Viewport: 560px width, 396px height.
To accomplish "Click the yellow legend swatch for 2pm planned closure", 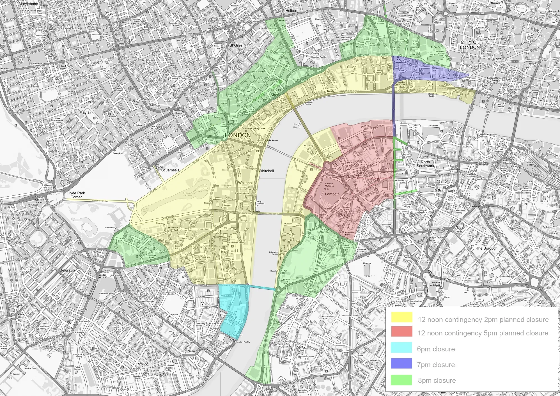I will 402,317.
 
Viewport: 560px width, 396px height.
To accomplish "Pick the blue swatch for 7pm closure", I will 402,364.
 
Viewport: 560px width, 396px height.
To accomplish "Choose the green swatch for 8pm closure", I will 402,380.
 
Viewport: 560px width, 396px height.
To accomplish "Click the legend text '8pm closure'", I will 437,381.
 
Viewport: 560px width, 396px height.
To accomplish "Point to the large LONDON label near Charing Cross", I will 237,135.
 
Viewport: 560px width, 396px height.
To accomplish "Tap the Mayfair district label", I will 86,112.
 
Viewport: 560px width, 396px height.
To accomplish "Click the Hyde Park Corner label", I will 76,195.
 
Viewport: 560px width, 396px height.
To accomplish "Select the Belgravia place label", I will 68,271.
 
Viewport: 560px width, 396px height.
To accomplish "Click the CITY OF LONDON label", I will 470,45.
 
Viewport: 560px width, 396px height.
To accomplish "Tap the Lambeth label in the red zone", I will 332,194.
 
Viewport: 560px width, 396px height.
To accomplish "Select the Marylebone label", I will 28,4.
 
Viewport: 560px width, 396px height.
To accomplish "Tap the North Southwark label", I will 425,164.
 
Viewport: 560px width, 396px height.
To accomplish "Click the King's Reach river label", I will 297,126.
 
